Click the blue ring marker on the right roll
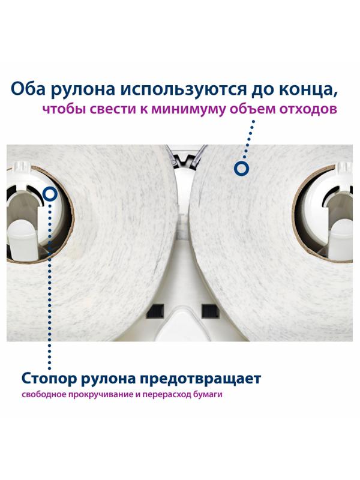[241, 169]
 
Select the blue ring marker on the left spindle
[50, 194]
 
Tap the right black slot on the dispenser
[208, 311]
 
